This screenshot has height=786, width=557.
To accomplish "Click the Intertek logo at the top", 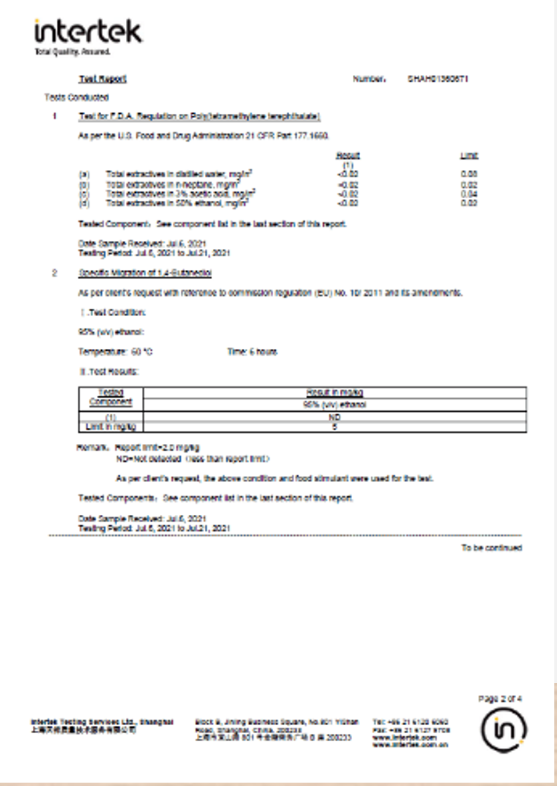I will click(88, 31).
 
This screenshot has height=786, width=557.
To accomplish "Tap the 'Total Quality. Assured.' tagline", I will click(72, 52).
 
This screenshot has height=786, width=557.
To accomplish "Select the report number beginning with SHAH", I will click(437, 79).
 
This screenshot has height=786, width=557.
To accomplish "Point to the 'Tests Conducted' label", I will click(67, 98).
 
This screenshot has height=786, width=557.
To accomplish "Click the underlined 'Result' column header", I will click(347, 155).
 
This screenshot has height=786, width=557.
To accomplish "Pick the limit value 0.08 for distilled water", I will click(469, 173).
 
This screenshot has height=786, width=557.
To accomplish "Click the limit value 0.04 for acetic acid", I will click(469, 193).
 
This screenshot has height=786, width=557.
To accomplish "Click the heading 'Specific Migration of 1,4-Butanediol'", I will click(145, 274).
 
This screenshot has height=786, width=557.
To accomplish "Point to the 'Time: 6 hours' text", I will click(252, 351).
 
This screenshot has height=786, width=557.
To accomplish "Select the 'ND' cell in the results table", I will click(335, 417).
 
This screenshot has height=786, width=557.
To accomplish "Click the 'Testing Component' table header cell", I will click(111, 398).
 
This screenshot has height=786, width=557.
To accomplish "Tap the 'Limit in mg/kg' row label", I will click(111, 426).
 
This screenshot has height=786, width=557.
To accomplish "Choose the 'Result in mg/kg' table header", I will click(335, 392).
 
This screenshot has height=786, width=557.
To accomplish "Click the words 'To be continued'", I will click(491, 548).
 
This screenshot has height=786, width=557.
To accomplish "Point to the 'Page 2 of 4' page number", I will click(500, 699).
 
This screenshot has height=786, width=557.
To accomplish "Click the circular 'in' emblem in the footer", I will click(503, 729).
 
